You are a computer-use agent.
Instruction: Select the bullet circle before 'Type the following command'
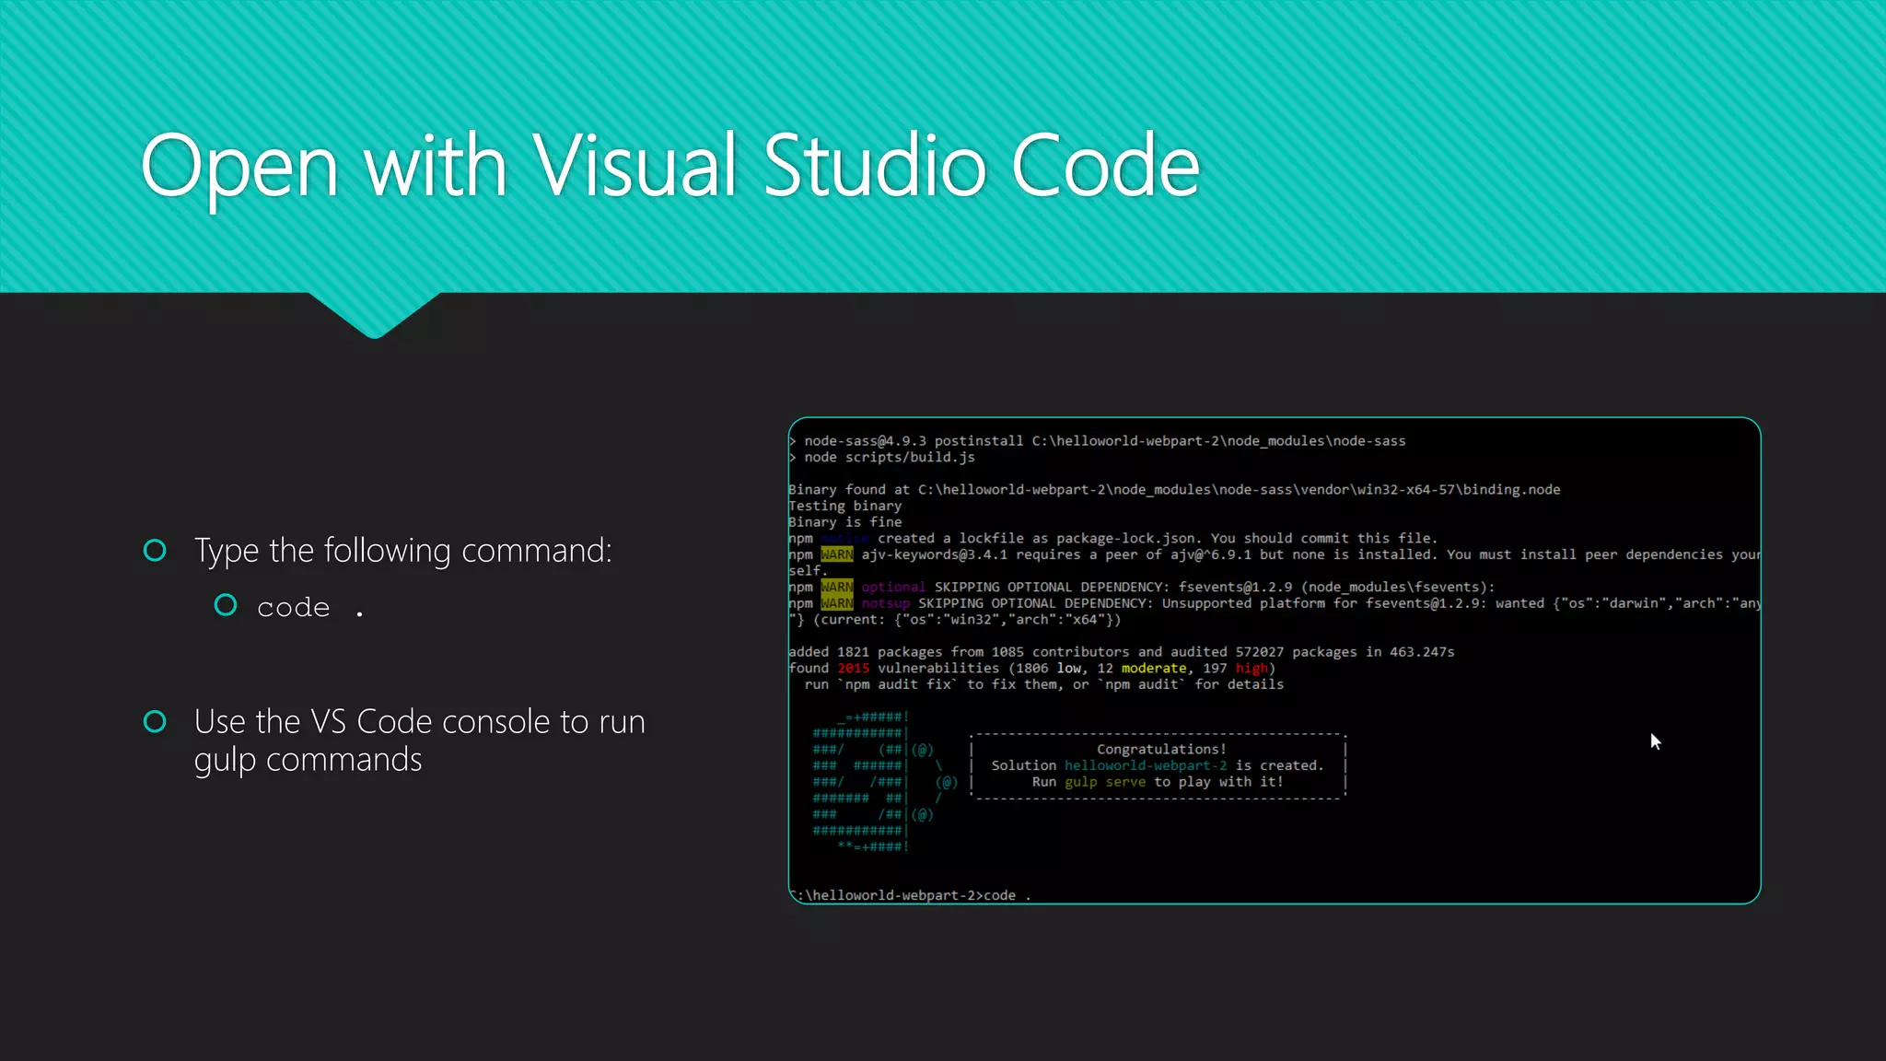[155, 551]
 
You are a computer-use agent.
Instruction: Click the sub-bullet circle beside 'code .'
[226, 605]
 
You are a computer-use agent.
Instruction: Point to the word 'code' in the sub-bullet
[293, 608]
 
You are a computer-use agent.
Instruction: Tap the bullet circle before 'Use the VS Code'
[155, 721]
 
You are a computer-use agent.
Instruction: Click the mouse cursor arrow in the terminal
[1655, 740]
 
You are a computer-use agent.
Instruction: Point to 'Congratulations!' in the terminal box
[1161, 750]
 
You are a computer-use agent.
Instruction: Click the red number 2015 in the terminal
[853, 669]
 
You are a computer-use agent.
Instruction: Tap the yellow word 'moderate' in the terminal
[1153, 669]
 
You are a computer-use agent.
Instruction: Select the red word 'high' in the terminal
[1251, 669]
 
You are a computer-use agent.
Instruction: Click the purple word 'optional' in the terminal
[892, 588]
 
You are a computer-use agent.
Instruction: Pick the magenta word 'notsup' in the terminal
[885, 604]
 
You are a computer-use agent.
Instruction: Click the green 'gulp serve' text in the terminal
[1105, 782]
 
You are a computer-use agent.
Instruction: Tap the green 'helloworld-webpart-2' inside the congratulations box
[1146, 766]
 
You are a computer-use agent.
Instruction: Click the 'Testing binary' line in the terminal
[844, 507]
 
